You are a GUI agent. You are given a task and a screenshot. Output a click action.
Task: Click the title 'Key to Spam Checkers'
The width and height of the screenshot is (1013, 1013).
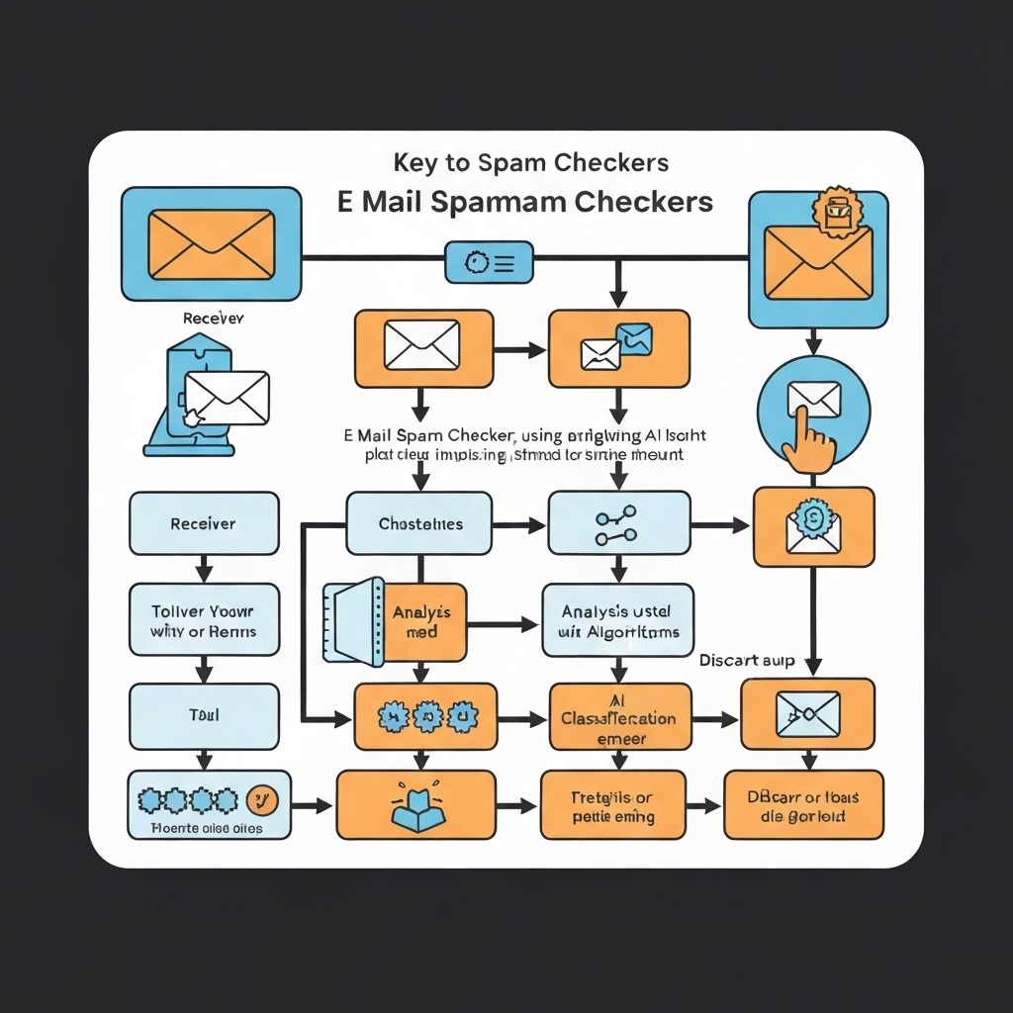[530, 162]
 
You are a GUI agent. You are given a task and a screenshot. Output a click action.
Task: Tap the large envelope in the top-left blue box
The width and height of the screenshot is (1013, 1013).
[210, 243]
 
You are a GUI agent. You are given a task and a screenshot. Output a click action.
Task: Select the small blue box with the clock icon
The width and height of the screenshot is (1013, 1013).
[489, 262]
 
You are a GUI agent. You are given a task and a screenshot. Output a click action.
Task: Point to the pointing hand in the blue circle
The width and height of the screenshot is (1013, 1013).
[809, 439]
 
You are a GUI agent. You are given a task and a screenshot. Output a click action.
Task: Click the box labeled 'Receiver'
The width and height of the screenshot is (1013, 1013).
[203, 523]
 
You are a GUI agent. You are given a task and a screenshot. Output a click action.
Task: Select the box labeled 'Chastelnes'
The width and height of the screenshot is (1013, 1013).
[419, 523]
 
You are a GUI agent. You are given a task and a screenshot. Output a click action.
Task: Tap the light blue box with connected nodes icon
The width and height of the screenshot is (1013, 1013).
[618, 523]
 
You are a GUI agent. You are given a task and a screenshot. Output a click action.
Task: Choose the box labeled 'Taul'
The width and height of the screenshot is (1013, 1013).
[203, 713]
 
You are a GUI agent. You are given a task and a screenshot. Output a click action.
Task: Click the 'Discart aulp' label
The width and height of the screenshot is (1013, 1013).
[746, 660]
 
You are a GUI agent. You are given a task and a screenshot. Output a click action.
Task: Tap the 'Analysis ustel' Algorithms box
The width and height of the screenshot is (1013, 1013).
[618, 621]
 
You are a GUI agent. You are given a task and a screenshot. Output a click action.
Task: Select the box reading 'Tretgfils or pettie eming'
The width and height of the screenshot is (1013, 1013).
[612, 806]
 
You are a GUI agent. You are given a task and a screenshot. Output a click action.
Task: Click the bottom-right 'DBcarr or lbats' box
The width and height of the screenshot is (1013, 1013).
[803, 805]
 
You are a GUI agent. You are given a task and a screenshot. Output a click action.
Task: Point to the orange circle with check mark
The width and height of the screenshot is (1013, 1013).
[262, 798]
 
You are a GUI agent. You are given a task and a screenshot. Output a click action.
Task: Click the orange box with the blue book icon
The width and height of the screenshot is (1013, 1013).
[415, 805]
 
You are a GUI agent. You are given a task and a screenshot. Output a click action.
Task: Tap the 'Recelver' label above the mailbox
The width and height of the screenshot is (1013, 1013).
[213, 319]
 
